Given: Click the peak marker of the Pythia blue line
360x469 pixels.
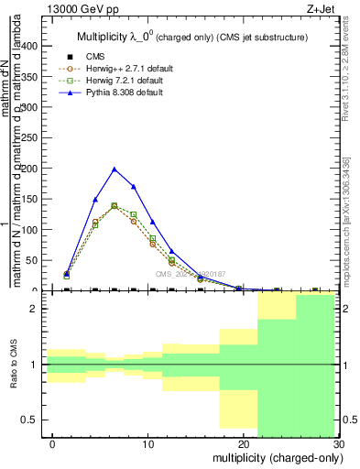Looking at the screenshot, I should click(x=115, y=169).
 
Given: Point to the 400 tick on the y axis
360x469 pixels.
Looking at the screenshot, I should click(x=35, y=46).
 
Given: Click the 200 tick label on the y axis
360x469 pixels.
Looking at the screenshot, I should click(x=35, y=169).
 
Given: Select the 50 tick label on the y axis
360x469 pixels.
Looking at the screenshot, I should click(x=37, y=260).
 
